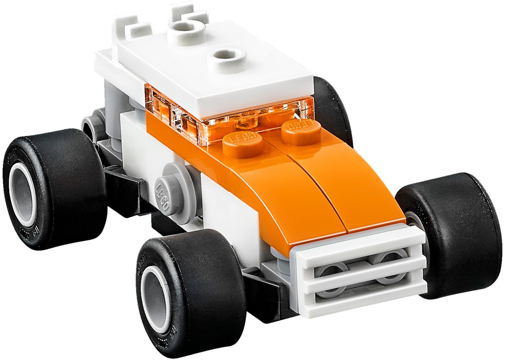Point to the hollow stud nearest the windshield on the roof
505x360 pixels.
point(227,56)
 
